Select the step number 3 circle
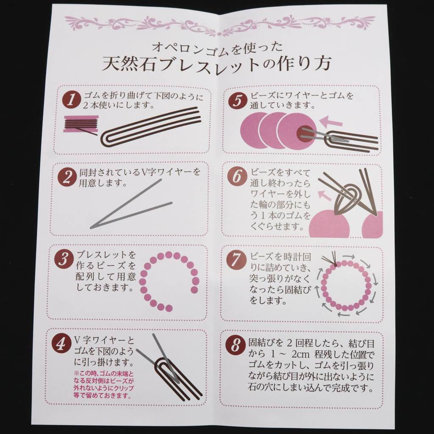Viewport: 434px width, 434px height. pos(64,259)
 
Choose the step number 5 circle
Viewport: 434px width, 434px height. pos(237,100)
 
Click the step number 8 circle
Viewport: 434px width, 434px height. pos(235,345)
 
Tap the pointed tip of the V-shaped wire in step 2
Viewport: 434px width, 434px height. pos(91,228)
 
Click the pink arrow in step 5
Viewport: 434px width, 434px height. pos(331,121)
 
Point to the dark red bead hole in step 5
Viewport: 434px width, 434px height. pos(304,134)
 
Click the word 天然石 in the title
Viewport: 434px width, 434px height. pos(128,64)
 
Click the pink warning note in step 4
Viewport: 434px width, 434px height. pos(103,385)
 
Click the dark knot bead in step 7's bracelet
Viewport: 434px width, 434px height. pos(336,265)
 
